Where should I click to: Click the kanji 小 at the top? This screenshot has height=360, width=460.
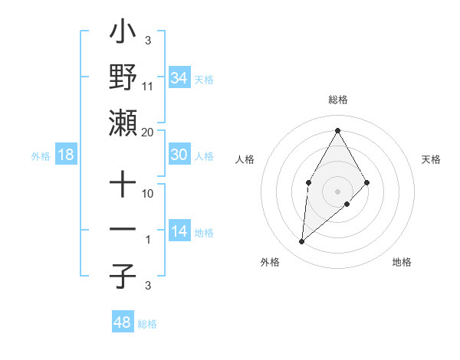pos(123,34)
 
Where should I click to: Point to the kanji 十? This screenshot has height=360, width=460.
pos(123,186)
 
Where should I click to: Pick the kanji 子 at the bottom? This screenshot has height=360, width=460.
pos(123,276)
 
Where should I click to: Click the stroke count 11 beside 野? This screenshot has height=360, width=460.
pos(148,87)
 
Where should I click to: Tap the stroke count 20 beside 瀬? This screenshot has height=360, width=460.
pos(148,133)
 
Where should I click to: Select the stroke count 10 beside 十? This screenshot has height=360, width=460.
pos(148,195)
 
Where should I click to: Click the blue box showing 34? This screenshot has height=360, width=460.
pos(179,77)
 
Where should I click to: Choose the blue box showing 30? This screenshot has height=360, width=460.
pos(179,155)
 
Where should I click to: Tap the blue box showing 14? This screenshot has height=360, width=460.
pos(179,232)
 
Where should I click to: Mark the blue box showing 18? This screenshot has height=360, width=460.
pos(66,155)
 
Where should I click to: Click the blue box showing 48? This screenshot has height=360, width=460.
pos(122,322)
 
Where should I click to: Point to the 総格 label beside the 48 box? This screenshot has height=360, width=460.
pos(147,324)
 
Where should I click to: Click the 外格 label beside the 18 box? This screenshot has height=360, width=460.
pos(41,156)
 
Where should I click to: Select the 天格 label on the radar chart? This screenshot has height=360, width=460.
pos(432,159)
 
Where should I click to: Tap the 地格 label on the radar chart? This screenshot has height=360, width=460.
pos(402,262)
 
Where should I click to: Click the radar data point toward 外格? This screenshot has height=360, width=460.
pos(302,242)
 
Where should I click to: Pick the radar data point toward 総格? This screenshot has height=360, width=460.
pos(337,129)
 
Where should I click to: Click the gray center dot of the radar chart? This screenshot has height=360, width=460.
pos(337,191)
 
